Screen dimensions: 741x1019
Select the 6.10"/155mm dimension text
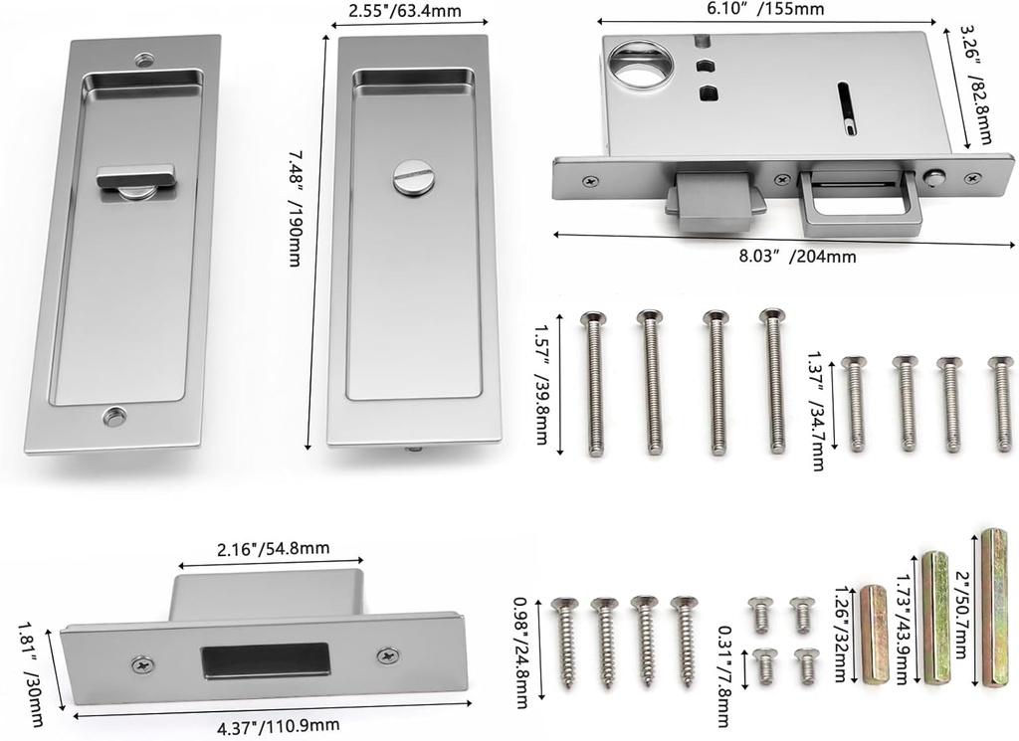[767, 9]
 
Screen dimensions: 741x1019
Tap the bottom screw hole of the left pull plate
[114, 417]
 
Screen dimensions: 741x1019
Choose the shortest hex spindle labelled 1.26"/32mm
[873, 635]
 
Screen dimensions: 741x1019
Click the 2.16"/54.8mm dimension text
[274, 548]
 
